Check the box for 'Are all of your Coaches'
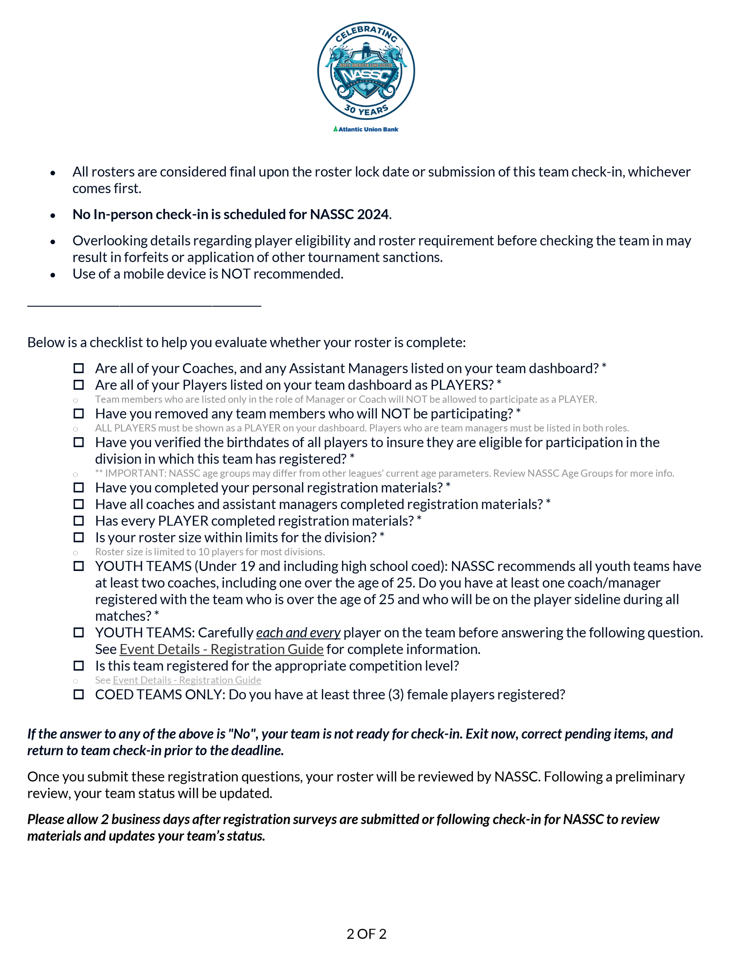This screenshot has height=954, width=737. pyautogui.click(x=79, y=368)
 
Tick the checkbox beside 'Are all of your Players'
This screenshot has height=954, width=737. pyautogui.click(x=79, y=385)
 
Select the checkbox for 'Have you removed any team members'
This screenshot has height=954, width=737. pyautogui.click(x=79, y=413)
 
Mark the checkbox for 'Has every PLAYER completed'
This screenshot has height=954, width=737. pyautogui.click(x=79, y=521)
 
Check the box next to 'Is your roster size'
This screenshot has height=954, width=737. pyautogui.click(x=79, y=537)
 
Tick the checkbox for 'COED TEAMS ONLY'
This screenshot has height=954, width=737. pyautogui.click(x=79, y=694)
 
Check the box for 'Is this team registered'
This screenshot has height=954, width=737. pyautogui.click(x=79, y=666)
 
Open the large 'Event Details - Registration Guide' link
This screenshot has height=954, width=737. pyautogui.click(x=222, y=650)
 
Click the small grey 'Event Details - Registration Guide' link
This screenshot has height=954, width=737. pyautogui.click(x=187, y=680)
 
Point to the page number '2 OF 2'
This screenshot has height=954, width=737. pyautogui.click(x=366, y=934)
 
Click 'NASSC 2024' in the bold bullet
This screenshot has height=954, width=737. pyautogui.click(x=349, y=215)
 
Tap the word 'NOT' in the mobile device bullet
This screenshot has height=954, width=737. pyautogui.click(x=235, y=274)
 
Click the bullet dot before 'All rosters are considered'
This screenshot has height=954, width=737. pyautogui.click(x=53, y=173)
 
